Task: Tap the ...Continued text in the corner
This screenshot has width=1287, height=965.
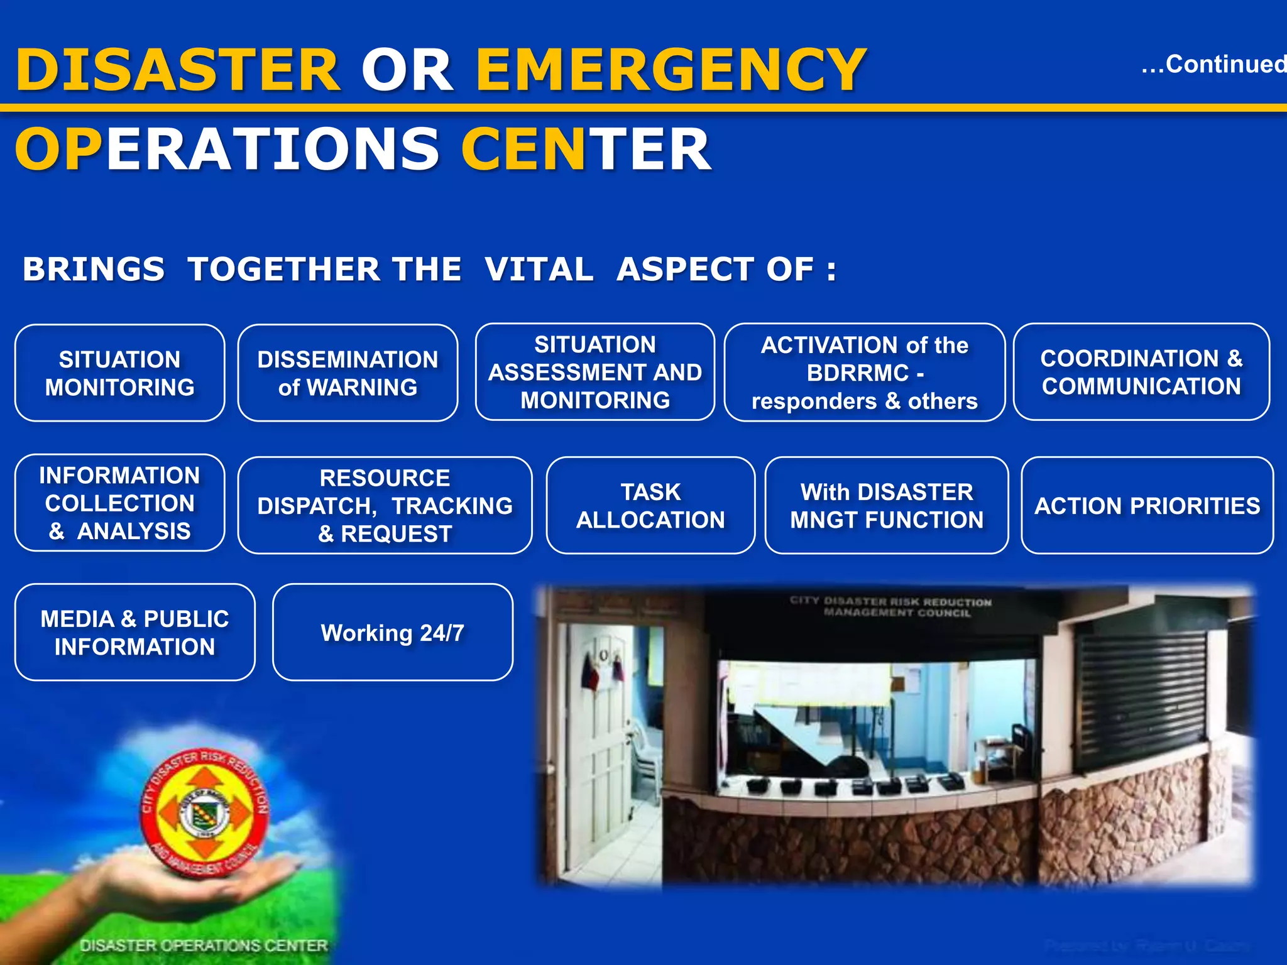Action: [1213, 64]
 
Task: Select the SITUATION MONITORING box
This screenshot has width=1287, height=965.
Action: [119, 373]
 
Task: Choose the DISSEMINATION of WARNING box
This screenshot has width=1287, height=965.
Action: [348, 373]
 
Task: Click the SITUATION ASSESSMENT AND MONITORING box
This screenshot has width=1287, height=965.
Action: [594, 372]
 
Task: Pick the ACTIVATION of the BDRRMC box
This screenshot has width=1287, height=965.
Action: [864, 373]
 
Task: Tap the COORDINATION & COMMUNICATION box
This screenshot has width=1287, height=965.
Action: [1141, 372]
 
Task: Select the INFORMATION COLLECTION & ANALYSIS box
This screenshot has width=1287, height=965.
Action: [119, 503]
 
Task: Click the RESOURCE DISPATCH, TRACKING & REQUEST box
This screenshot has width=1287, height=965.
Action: [385, 505]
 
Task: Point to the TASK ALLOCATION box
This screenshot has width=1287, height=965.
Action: [650, 505]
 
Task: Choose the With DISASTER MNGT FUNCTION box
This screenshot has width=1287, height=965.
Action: [886, 505]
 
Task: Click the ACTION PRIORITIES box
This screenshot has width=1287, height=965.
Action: [1147, 505]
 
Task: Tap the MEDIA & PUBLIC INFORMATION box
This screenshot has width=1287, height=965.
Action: [134, 632]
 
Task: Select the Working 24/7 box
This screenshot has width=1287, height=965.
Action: [392, 632]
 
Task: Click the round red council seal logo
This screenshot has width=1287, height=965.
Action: [204, 814]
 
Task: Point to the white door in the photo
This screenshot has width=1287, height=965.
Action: [603, 754]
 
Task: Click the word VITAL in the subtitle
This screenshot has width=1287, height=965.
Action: [539, 270]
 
